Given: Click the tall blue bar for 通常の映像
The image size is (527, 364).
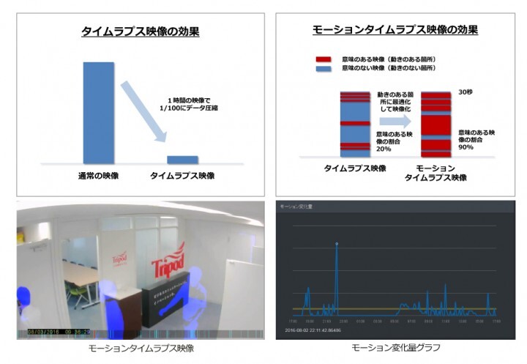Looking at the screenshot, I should point(97,111).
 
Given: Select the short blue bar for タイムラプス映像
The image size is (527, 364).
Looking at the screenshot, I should point(182,159).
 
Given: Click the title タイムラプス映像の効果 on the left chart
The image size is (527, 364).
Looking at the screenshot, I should point(141,32).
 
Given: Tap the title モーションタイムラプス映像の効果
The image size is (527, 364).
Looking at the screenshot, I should point(395,30).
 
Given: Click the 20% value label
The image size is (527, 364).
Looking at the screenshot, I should point(384,149).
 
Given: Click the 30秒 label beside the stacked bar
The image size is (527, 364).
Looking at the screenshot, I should point(466,93).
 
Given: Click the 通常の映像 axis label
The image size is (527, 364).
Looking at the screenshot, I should point(98,177).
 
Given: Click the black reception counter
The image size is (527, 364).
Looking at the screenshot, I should point(164,300).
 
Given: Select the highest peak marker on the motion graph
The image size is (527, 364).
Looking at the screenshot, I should point(337,243).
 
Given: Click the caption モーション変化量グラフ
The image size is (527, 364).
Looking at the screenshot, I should point(396,348).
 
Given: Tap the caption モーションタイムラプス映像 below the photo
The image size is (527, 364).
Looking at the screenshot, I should point(141,348).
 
